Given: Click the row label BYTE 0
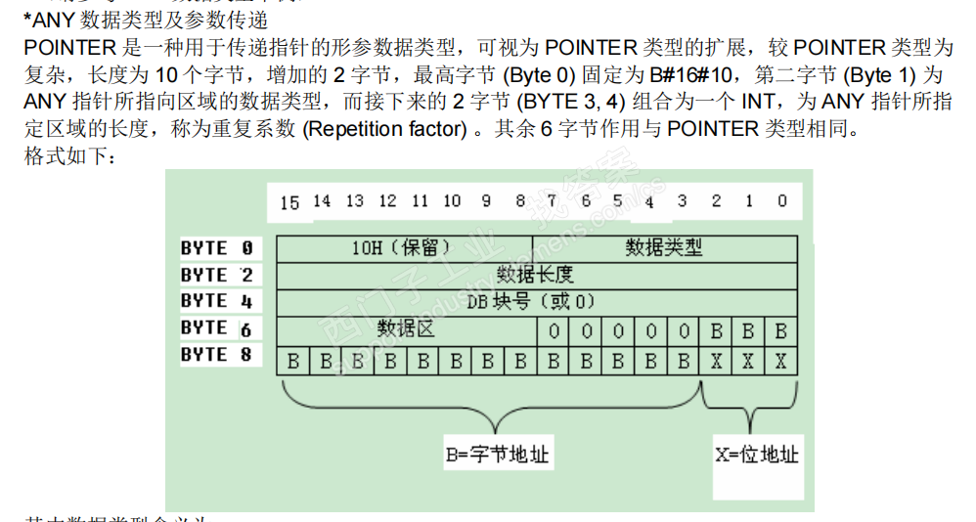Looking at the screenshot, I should (216, 248).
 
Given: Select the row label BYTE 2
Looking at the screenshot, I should (216, 275).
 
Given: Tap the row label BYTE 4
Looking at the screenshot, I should (216, 301).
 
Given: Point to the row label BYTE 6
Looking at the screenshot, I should (216, 328).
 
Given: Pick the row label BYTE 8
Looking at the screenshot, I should (216, 355).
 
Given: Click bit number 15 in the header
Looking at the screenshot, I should (289, 202).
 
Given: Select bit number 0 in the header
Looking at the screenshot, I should (781, 201).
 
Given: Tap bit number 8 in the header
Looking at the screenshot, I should (519, 201).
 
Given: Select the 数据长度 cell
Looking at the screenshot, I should (535, 274).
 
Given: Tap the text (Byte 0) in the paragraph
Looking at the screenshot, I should (539, 74).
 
